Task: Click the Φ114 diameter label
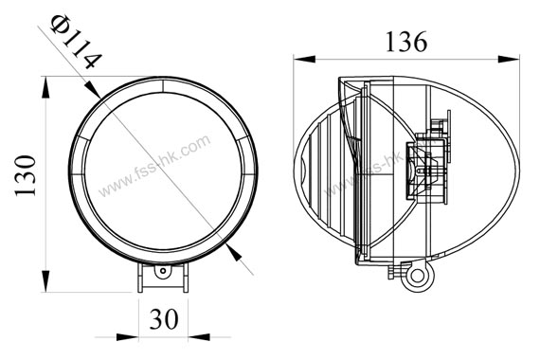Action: pyautogui.click(x=76, y=42)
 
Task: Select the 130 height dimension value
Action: pyautogui.click(x=26, y=175)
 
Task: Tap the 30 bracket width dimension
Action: pyautogui.click(x=164, y=318)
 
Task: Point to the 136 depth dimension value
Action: pyautogui.click(x=406, y=42)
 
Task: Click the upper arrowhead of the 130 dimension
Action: pyautogui.click(x=45, y=88)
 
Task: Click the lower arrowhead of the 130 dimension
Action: pyautogui.click(x=45, y=281)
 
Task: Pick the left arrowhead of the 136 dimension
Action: pyautogui.click(x=304, y=59)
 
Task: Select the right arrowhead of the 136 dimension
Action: pyautogui.click(x=509, y=59)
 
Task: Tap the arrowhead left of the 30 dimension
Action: pyautogui.click(x=128, y=337)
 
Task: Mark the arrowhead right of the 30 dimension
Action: pyautogui.click(x=199, y=337)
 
